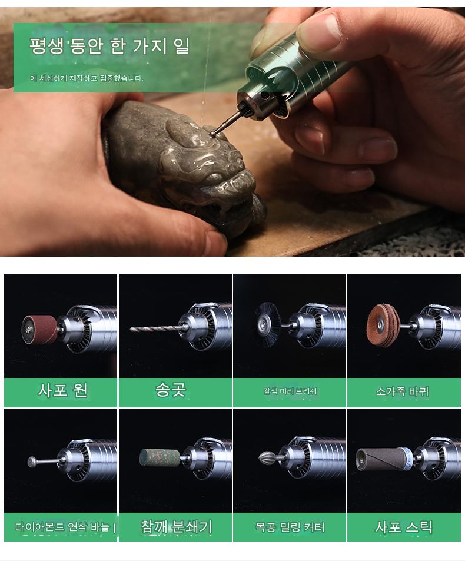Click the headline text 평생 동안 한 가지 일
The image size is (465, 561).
pos(109,46)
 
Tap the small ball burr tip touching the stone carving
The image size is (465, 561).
pos(212,134)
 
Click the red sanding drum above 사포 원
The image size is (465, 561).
pos(39,330)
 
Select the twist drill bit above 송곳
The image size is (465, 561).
pos(154,328)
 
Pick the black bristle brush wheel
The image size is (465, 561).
pos(267,326)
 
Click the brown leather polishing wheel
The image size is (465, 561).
pos(383,326)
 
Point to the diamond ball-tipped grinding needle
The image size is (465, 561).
pos(44,462)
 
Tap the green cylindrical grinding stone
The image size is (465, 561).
pos(160,458)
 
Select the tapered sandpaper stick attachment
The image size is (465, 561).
pos(384,459)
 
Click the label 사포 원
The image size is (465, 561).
pos(62,390)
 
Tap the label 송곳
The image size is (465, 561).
pos(171,390)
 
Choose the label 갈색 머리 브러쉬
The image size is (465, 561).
pos(290,391)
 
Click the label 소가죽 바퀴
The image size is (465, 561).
pos(402,391)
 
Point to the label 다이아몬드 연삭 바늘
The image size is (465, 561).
pos(62,527)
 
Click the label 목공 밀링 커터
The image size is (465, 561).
pos(290,527)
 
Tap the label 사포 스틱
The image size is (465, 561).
pos(404,527)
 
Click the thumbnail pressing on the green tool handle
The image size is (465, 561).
pos(319,27)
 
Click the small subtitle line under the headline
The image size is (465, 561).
pos(87,78)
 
